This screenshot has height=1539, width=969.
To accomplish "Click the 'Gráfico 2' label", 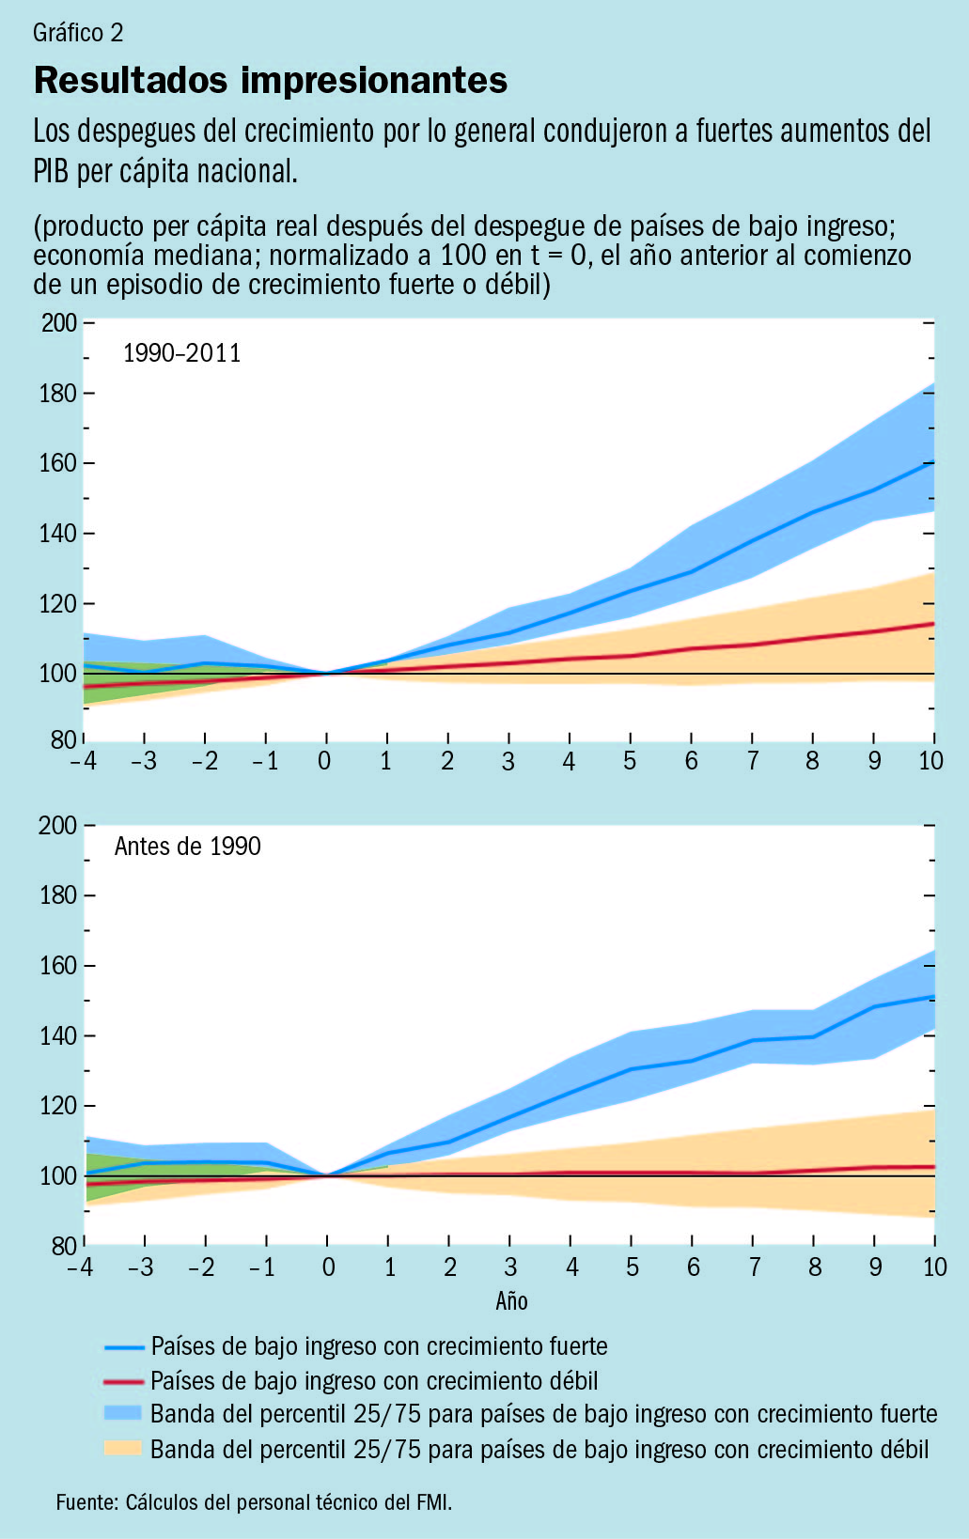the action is click(78, 33).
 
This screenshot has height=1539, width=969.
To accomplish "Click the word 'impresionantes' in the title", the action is click(374, 81).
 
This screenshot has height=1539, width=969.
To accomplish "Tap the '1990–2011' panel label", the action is click(182, 353).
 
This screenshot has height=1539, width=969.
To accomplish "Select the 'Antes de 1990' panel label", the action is click(188, 846).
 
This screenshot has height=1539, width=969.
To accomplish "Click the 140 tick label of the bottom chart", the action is click(58, 1036).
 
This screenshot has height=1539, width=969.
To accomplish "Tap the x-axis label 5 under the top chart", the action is click(630, 760).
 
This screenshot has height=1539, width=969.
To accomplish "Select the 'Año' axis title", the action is click(512, 1300).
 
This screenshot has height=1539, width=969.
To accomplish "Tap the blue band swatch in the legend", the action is click(123, 1412).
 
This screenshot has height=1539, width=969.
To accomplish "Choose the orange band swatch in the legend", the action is click(123, 1448).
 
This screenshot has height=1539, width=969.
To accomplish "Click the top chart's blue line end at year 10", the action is click(933, 461).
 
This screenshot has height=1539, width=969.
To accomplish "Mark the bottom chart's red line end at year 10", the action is click(933, 1167).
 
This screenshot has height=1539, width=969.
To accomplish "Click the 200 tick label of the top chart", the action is click(58, 322).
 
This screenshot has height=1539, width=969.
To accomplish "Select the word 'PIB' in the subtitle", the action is click(51, 171).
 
